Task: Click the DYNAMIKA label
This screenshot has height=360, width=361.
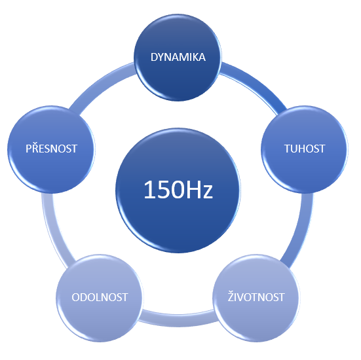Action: pos(178,57)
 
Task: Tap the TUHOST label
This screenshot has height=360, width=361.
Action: pos(305,149)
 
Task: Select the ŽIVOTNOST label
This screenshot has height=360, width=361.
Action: pos(256,297)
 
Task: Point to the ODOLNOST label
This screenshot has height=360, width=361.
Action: pos(100,297)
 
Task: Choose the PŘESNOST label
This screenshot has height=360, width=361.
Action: pos(51,148)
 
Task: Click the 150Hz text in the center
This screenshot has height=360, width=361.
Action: pos(178,190)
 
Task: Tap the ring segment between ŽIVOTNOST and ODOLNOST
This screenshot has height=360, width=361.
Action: pos(178,318)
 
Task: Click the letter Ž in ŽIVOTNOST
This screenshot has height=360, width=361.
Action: pos(231,297)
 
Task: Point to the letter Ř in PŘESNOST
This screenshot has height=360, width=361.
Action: pos(35,148)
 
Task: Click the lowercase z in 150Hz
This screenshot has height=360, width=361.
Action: pos(208,192)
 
